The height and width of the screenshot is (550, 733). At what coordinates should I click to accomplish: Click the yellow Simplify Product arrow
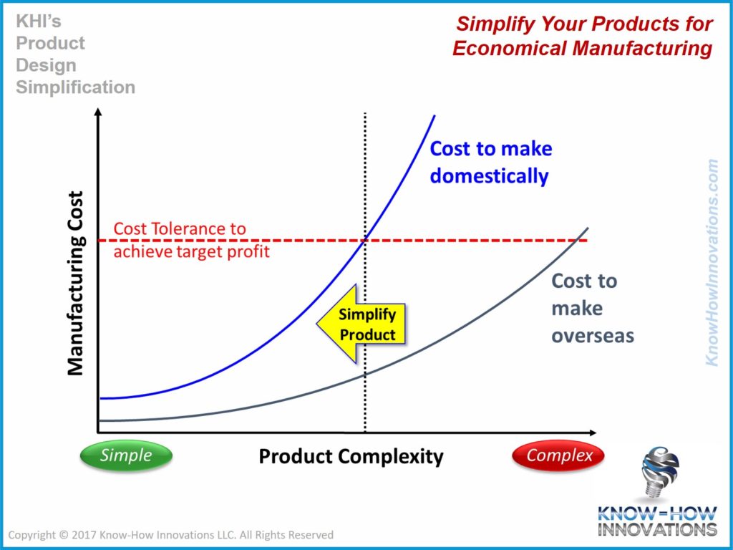click(x=361, y=324)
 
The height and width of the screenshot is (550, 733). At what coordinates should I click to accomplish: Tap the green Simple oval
click(x=126, y=455)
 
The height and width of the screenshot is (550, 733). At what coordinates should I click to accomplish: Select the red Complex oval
click(x=560, y=455)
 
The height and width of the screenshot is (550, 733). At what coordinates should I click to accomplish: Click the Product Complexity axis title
click(x=351, y=456)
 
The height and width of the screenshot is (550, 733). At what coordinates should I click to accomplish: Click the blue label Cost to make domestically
click(x=490, y=162)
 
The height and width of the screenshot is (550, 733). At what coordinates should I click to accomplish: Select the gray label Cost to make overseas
click(x=591, y=308)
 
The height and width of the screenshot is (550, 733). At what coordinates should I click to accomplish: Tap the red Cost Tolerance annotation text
click(x=192, y=241)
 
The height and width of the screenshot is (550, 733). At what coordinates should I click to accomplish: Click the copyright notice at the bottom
click(x=170, y=535)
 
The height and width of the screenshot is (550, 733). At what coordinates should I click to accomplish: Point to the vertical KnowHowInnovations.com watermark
click(x=712, y=262)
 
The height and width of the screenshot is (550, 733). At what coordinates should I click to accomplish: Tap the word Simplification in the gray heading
click(x=75, y=87)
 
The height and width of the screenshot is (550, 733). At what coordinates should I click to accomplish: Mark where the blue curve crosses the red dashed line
click(x=366, y=240)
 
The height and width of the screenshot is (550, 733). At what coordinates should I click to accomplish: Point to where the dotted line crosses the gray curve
click(x=366, y=374)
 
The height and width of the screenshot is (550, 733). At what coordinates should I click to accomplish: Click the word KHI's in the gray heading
click(x=39, y=21)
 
